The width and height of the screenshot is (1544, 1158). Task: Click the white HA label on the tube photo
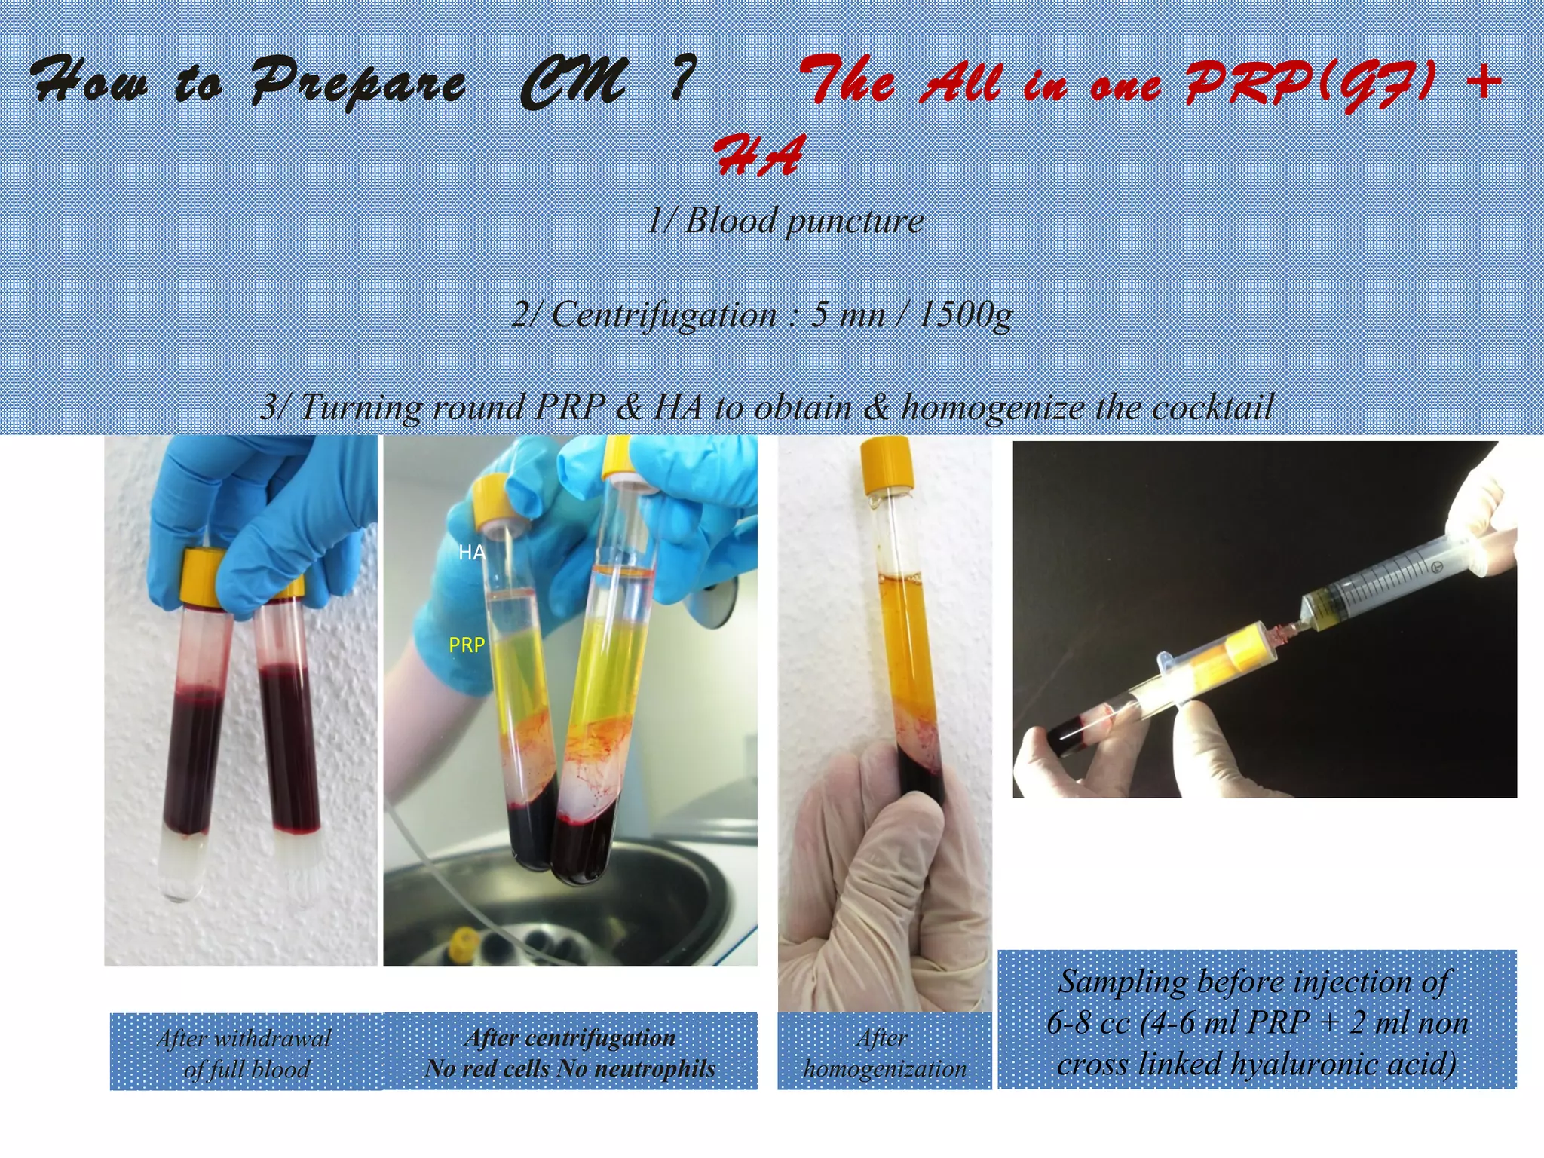(471, 553)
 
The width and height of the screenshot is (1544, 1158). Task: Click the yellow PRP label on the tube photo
(467, 645)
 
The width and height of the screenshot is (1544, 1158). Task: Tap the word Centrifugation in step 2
(663, 314)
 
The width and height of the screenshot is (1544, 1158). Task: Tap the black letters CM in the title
(573, 81)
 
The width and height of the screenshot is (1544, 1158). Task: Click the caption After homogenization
(884, 1053)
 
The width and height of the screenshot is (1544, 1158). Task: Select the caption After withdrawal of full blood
(245, 1053)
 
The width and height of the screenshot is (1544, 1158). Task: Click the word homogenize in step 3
(995, 407)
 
